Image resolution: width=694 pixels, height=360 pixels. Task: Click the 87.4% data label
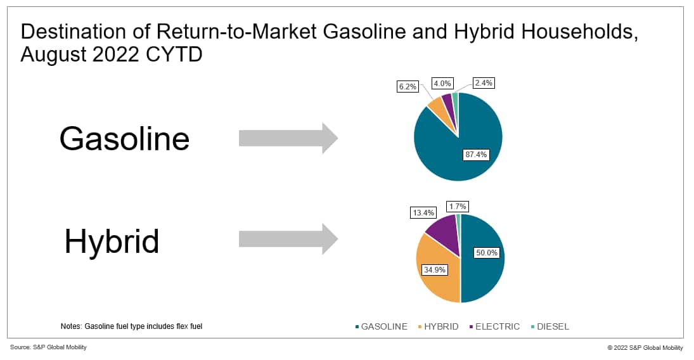(x=476, y=155)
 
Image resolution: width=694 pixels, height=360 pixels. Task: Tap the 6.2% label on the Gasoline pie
(x=408, y=86)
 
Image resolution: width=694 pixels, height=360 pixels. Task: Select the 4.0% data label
(x=442, y=83)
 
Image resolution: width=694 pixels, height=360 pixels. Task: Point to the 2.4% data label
(x=484, y=83)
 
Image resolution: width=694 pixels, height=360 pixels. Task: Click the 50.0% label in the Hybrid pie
(x=486, y=252)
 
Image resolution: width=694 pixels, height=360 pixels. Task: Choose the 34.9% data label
(x=435, y=269)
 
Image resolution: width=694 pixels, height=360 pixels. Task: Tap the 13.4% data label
(x=423, y=212)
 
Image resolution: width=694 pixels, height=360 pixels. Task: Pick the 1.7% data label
(x=458, y=207)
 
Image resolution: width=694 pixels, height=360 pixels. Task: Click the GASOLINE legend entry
(x=381, y=326)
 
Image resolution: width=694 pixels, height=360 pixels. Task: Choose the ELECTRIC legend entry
(x=495, y=326)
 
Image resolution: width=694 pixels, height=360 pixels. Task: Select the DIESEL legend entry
(x=550, y=326)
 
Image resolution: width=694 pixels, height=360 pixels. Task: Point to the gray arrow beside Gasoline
(x=288, y=138)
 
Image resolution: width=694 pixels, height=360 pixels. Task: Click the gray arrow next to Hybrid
(x=288, y=239)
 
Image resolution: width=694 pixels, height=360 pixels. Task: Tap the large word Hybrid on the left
(x=112, y=242)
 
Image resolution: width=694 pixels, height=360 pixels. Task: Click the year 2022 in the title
(x=119, y=55)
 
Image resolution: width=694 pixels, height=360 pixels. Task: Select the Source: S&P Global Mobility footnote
(x=48, y=347)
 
